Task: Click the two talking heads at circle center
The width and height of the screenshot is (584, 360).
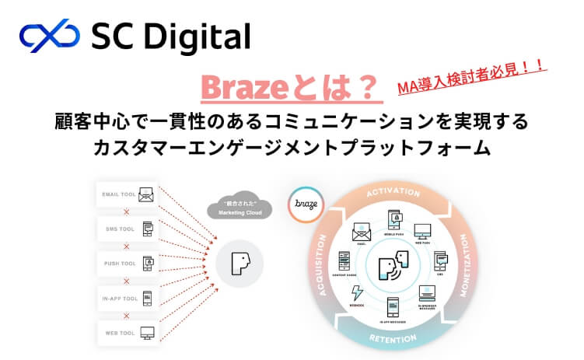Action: pyautogui.click(x=393, y=265)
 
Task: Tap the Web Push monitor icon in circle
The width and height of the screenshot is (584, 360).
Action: pyautogui.click(x=422, y=231)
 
